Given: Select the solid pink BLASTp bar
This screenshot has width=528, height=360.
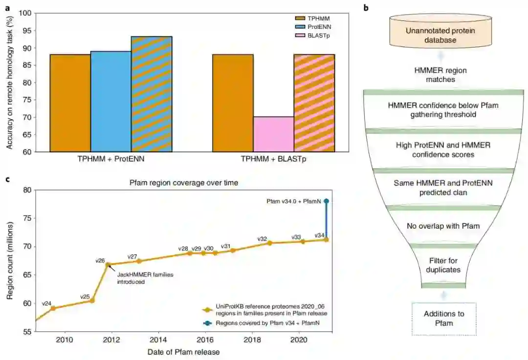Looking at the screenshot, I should (x=273, y=134).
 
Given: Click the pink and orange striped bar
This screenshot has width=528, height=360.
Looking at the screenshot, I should (x=314, y=103).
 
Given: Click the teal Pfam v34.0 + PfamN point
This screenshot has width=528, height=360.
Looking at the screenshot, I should (x=326, y=201).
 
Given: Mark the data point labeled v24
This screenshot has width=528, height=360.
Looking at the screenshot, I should (x=53, y=308).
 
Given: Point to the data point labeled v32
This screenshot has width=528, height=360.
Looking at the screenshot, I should (x=269, y=243).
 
